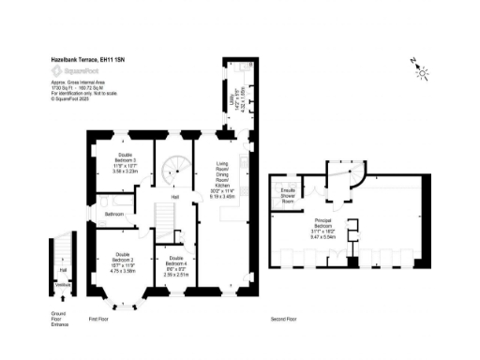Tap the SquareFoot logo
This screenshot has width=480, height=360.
[x=71, y=70]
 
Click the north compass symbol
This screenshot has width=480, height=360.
[x=420, y=68]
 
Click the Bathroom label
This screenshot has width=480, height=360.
[x=114, y=214]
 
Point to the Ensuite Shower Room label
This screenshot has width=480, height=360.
[x=289, y=194]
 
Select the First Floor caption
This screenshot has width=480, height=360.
[x=99, y=320]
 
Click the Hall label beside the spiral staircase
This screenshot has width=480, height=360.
[x=175, y=198]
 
